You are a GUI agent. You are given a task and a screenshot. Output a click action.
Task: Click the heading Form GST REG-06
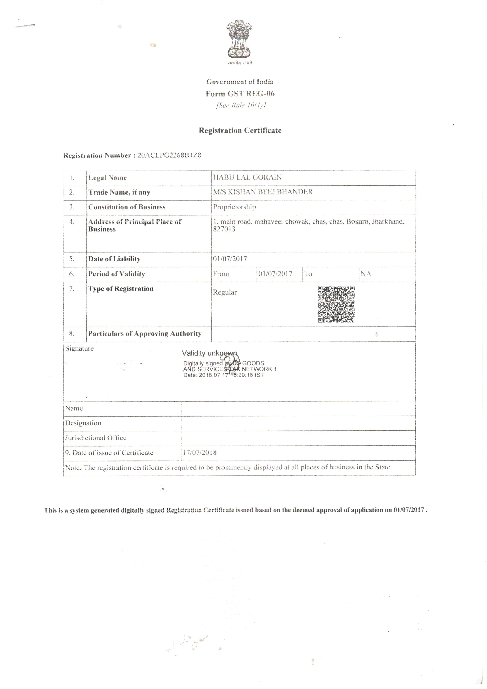(x=240, y=94)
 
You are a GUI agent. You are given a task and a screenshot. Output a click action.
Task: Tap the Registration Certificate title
(x=240, y=130)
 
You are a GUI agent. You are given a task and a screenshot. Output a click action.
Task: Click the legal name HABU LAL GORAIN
(x=247, y=177)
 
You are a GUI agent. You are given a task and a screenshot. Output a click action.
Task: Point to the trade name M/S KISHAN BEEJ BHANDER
(x=263, y=192)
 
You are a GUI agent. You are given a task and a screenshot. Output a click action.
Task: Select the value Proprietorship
(x=234, y=207)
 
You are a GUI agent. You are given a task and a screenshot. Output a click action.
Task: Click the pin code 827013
(x=224, y=229)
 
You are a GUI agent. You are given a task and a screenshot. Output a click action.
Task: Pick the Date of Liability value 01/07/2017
(x=230, y=259)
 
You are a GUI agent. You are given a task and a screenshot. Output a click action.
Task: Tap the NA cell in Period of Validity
(x=366, y=274)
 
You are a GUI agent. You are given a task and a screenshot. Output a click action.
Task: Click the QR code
(x=336, y=304)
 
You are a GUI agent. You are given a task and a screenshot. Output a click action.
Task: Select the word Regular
(x=225, y=292)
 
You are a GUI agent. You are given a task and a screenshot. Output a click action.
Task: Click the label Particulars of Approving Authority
(x=144, y=334)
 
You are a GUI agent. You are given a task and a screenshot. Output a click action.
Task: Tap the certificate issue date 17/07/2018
(x=200, y=452)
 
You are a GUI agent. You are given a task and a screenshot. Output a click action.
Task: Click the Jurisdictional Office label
(x=96, y=438)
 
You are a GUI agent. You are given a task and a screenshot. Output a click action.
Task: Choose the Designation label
(x=83, y=423)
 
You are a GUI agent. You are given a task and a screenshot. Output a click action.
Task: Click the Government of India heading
(x=240, y=82)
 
